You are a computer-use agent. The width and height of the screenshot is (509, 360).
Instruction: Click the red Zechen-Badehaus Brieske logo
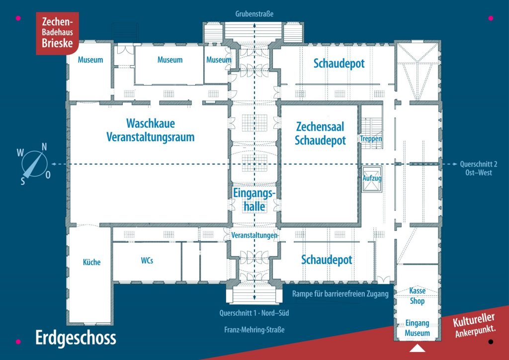(x=58, y=33)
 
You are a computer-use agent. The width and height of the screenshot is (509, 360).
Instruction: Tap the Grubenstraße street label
(x=254, y=14)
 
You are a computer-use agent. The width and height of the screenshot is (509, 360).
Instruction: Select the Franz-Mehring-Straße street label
(x=254, y=330)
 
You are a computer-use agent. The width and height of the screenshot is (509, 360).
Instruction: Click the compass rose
(x=34, y=164)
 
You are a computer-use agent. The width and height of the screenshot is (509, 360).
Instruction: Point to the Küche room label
(x=91, y=262)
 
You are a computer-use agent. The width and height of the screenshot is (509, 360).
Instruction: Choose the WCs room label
(x=147, y=261)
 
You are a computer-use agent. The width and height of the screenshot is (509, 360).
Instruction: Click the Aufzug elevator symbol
(x=372, y=179)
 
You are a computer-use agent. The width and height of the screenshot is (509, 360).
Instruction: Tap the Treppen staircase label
(x=371, y=139)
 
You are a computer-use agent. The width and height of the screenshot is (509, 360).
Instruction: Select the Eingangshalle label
(x=254, y=199)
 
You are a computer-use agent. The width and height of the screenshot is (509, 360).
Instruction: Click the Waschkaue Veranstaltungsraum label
(x=150, y=130)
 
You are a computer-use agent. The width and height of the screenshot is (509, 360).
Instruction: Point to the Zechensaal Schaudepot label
(x=320, y=133)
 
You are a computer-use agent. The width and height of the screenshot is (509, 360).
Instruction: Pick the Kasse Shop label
(x=417, y=296)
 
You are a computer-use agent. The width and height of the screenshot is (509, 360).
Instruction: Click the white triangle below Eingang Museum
(x=417, y=348)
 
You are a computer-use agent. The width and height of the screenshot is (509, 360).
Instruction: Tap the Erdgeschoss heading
(x=76, y=338)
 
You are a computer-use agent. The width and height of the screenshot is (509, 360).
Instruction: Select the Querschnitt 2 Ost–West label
(x=479, y=168)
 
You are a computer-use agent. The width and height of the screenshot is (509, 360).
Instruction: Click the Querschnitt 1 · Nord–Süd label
(x=254, y=313)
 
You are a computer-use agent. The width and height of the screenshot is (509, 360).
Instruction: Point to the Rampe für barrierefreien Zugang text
(x=340, y=294)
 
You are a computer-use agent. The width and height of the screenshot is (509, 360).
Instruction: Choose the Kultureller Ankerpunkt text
(x=475, y=325)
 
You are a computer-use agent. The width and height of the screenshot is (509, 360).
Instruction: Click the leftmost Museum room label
(x=90, y=60)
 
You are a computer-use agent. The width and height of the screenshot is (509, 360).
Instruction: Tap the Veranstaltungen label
(x=254, y=235)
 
